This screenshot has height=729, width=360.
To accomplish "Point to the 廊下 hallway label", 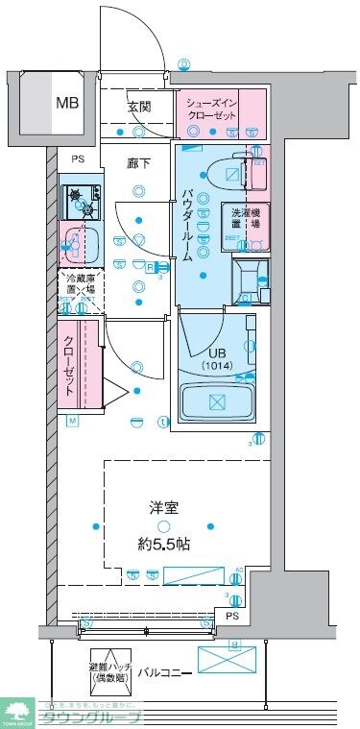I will point(139,163).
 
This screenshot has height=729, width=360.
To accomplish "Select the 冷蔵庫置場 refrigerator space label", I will point(77,284).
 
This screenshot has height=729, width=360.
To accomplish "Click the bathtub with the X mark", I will point(216,401).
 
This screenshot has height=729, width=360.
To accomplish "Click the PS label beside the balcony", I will point(231,616).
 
